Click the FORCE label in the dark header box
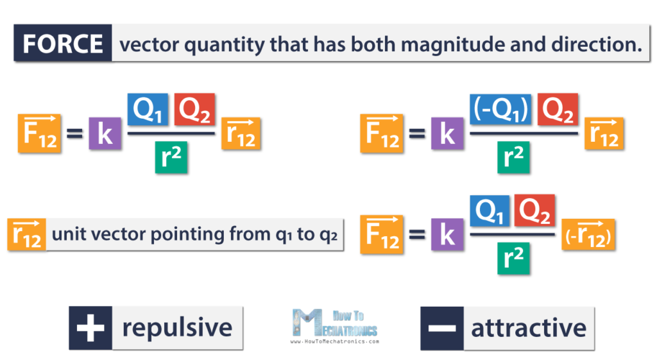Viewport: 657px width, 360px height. (x=63, y=44)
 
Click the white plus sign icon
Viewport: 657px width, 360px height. (x=90, y=328)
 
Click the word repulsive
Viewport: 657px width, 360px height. (x=177, y=328)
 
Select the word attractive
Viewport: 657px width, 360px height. (x=529, y=328)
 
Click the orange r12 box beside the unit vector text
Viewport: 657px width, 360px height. (x=27, y=234)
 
